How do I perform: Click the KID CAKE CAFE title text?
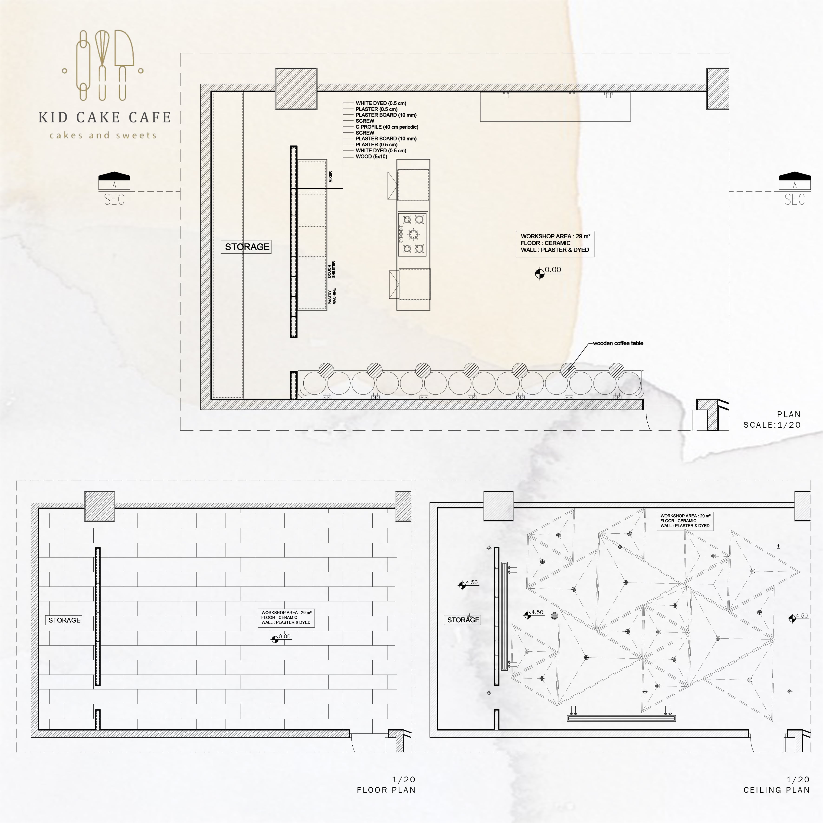point(105,117)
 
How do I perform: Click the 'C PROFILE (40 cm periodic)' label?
point(387,127)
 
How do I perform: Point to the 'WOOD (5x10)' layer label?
point(371,157)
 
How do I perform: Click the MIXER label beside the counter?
point(331,177)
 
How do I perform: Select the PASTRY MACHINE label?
point(332,296)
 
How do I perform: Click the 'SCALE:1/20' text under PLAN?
point(772,425)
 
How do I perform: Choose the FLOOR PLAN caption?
point(386,790)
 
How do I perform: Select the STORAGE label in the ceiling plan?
point(463,620)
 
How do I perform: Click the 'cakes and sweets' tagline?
point(103,135)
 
